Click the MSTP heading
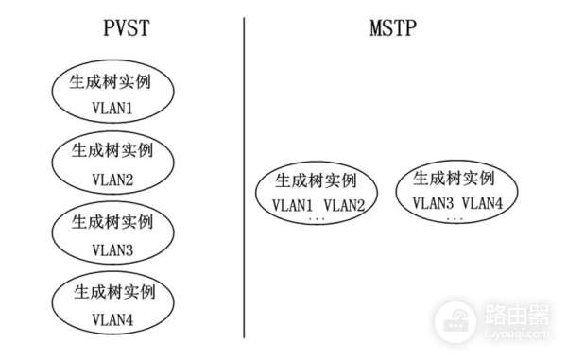point(393,28)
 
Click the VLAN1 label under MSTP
point(292,205)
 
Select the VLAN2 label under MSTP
point(344,205)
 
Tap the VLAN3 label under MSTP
point(433,203)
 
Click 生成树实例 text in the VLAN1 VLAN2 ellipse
point(317,180)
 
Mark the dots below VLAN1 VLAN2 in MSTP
point(317,220)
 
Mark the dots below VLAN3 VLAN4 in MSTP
point(455,218)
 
